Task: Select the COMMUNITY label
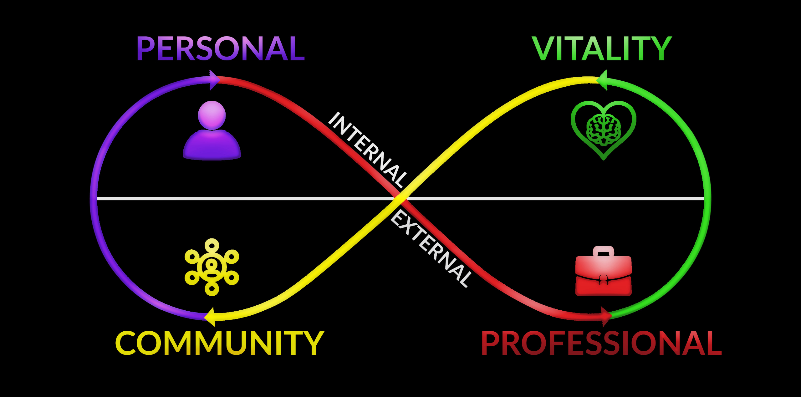[220, 343]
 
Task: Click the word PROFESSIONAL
[601, 343]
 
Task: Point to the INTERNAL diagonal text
[368, 150]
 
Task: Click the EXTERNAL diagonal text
[431, 249]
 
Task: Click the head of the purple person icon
[212, 115]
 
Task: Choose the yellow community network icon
[212, 267]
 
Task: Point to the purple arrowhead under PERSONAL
[215, 80]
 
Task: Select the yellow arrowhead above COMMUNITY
[210, 317]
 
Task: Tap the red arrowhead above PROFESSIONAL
[606, 316]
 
